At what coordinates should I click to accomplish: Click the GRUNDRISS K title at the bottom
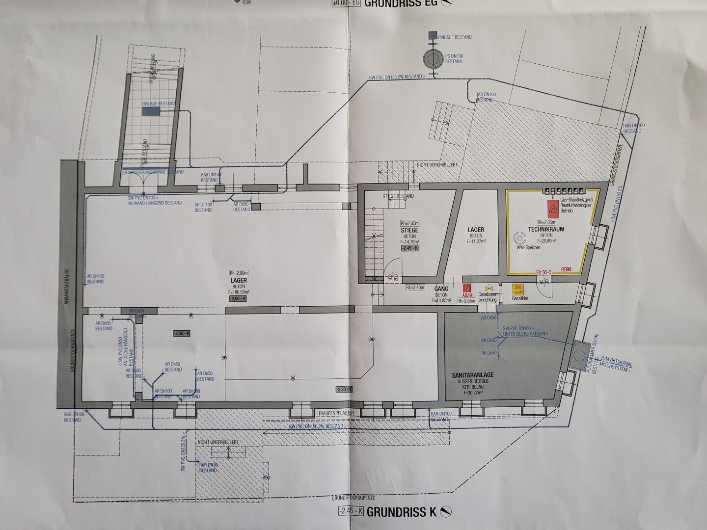tap(401, 512)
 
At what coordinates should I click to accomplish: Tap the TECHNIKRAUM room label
tap(546, 229)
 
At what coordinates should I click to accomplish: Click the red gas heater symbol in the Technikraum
tap(553, 211)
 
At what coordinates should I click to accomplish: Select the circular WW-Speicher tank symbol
tap(519, 238)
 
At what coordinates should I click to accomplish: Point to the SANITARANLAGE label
tap(473, 375)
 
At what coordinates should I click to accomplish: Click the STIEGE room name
tap(409, 230)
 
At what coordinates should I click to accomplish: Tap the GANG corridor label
tap(441, 290)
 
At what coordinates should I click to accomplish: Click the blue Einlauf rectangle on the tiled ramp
tap(152, 112)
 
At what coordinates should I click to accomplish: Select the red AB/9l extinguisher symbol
tap(467, 290)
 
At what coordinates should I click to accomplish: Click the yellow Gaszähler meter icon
tap(517, 289)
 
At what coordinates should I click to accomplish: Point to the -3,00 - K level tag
tap(181, 334)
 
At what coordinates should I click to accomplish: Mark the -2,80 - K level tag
tap(344, 389)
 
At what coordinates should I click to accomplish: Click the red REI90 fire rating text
tap(567, 269)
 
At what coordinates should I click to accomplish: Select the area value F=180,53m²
tap(239, 292)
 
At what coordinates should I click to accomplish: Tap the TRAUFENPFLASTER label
tap(336, 414)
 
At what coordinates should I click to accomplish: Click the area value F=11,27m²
tap(476, 241)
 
